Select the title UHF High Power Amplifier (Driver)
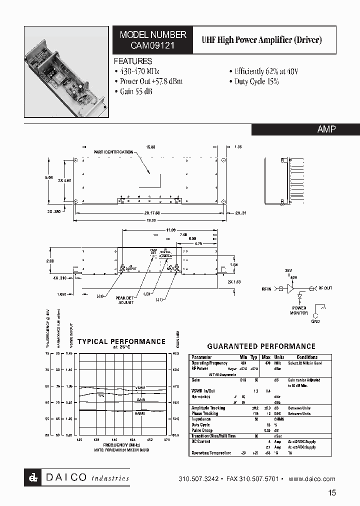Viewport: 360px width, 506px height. [261, 40]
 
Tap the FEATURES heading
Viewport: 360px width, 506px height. [133, 61]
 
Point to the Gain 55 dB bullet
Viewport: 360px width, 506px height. [133, 91]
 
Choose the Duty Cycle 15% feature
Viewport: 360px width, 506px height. [254, 81]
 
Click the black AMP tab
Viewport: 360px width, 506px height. [326, 129]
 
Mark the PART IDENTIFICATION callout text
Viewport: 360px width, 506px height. [113, 151]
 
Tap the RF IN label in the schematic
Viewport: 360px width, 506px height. [266, 288]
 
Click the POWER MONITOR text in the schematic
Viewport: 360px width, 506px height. [299, 310]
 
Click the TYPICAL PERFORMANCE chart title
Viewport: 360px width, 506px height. [121, 341]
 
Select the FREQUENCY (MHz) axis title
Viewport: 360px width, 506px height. [121, 444]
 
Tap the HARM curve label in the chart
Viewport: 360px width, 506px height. [139, 414]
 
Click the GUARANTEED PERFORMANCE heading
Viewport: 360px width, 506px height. [261, 346]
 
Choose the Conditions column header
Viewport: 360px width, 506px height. [306, 357]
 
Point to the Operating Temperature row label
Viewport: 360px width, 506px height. [211, 453]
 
